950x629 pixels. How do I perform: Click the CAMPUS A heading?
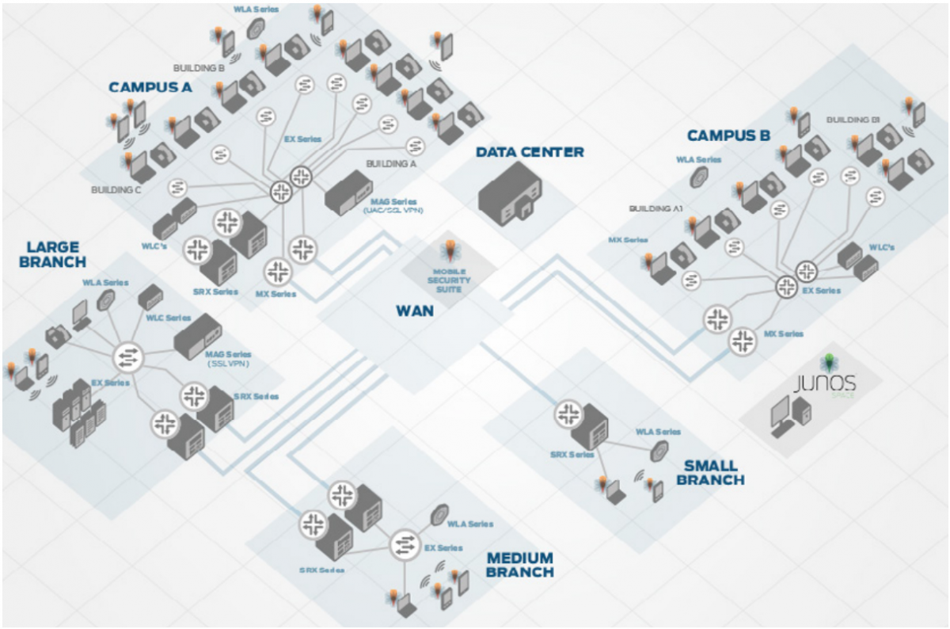(150, 88)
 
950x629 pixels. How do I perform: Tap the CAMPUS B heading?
(728, 135)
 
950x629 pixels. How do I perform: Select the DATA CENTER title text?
(530, 151)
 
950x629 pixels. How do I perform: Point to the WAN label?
(415, 311)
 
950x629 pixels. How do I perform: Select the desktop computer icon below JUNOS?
(792, 416)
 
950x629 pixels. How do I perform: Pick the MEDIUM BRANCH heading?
(519, 565)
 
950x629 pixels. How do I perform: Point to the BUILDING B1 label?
(853, 120)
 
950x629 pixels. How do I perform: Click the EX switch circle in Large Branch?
(127, 357)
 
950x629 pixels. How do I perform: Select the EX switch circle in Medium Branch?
(405, 543)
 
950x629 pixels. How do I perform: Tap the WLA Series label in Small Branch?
(658, 432)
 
